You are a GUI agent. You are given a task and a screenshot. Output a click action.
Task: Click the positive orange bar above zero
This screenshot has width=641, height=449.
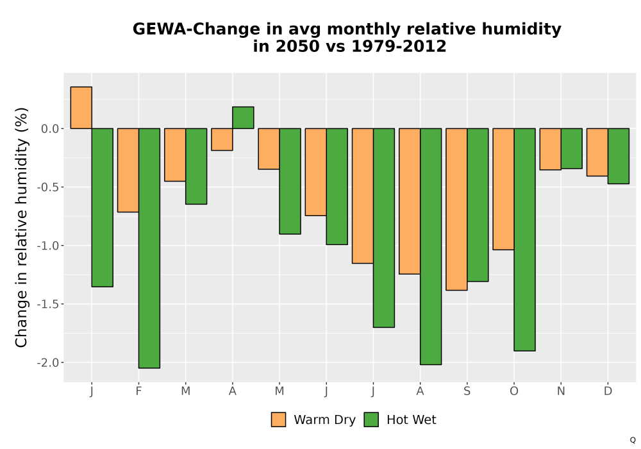[81, 108]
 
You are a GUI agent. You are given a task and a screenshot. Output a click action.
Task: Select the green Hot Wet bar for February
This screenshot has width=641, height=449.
[149, 248]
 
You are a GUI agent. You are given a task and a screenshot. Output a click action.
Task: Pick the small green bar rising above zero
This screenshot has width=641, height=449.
[243, 118]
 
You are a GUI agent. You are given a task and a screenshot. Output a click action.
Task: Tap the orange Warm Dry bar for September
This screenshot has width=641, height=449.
[456, 209]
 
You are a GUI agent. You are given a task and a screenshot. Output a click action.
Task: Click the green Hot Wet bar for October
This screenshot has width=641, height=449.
[524, 240]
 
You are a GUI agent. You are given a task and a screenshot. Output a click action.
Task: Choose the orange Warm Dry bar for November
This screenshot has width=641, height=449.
[550, 149]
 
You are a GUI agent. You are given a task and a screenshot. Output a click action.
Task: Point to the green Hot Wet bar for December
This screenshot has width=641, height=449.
[619, 157]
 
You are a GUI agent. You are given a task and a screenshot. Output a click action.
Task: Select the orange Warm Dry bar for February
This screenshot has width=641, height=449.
[128, 170]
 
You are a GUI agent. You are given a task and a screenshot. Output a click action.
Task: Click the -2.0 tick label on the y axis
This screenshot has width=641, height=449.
[48, 362]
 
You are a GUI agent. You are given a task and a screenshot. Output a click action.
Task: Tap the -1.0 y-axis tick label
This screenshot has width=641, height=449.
[48, 246]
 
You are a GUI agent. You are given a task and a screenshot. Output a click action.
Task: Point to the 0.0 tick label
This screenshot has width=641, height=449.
[50, 129]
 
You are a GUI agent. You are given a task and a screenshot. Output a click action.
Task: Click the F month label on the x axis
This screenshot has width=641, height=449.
[138, 391]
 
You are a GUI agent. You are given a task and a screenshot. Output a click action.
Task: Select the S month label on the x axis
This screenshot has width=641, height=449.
[467, 391]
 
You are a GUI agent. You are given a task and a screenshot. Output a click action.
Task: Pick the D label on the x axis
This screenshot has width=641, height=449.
[608, 391]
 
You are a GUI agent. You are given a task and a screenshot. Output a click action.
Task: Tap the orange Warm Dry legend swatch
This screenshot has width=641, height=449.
[278, 419]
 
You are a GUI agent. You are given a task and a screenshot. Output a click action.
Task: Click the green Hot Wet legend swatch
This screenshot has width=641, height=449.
[371, 419]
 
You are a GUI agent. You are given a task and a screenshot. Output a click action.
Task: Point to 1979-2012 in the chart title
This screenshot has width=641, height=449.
[399, 46]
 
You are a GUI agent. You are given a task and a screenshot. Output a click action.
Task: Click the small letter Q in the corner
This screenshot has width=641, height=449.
[633, 440]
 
